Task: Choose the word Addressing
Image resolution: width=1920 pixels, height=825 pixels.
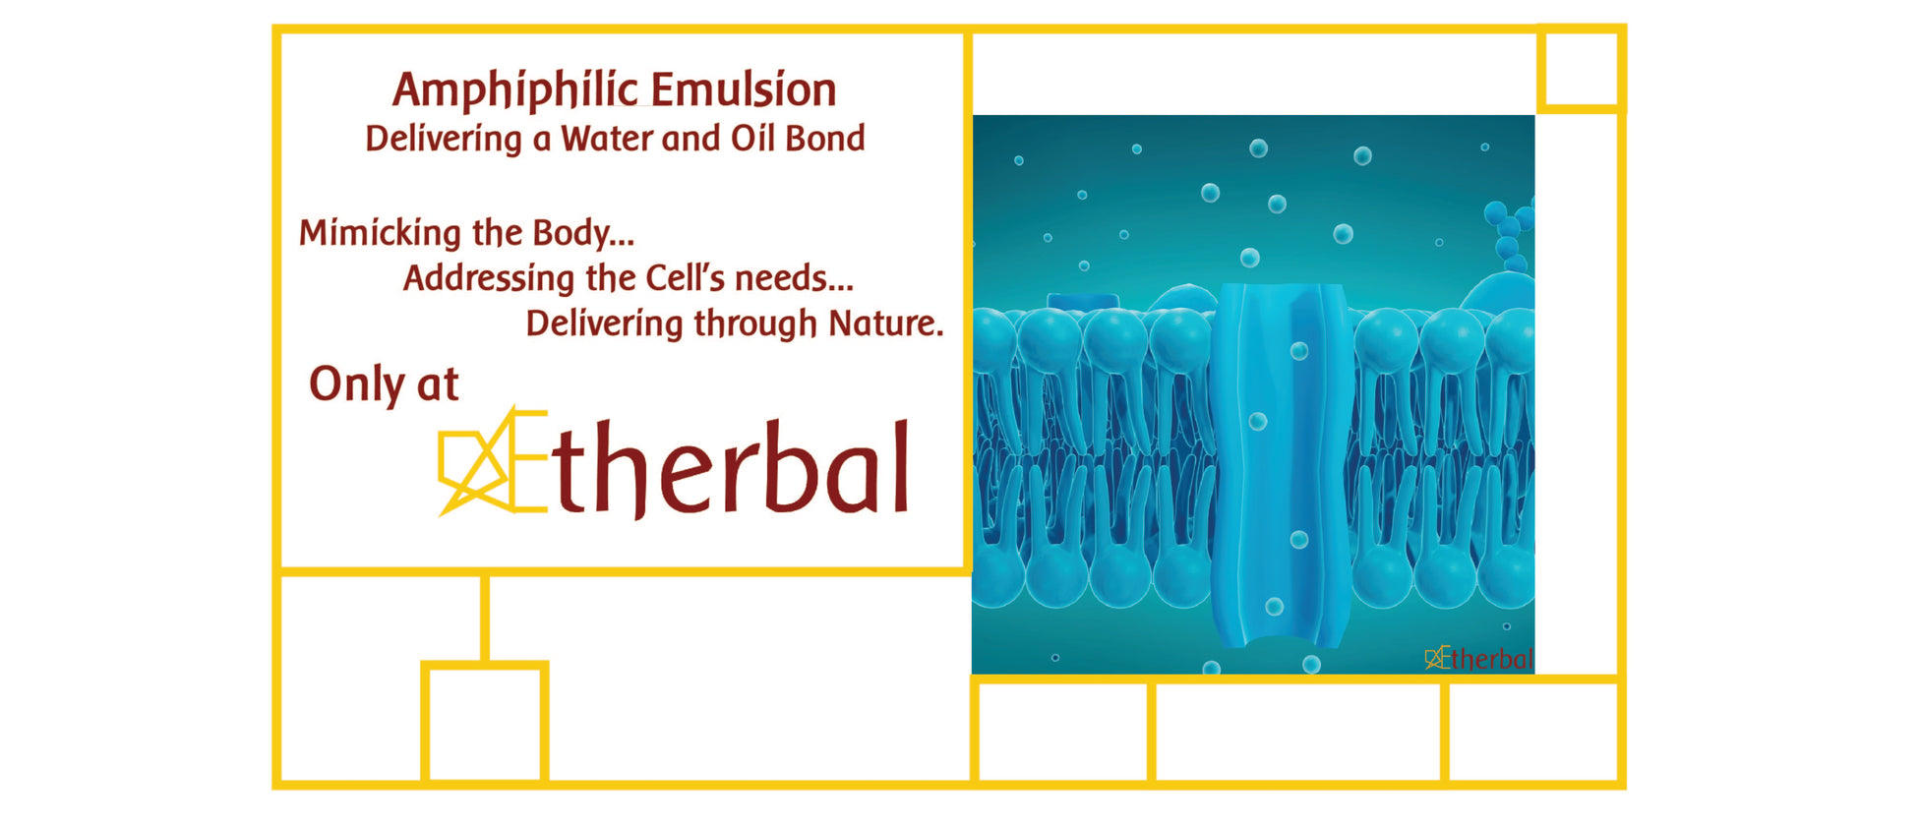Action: click(488, 279)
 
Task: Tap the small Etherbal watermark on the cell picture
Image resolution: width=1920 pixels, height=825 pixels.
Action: click(1479, 658)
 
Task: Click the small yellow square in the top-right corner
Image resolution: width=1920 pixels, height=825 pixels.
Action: click(1581, 69)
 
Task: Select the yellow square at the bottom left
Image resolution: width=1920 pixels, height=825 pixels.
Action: click(485, 723)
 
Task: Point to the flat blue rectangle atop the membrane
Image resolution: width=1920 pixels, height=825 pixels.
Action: click(1083, 301)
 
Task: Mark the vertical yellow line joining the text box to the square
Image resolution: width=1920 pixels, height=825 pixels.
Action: click(485, 618)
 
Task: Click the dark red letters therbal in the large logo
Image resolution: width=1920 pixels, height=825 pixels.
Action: click(731, 468)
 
